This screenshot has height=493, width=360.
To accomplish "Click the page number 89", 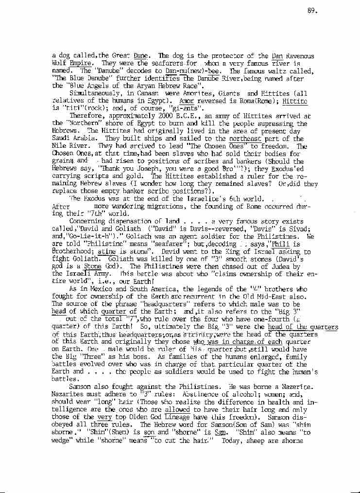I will (x=312, y=12).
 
